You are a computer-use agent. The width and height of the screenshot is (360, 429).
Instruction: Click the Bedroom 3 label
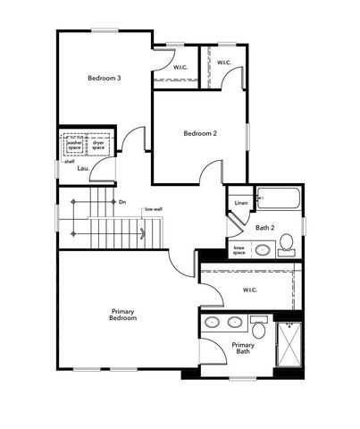(104, 79)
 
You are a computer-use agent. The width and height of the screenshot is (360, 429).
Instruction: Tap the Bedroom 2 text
(200, 134)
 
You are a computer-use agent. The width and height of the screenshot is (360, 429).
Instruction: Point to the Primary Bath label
(243, 348)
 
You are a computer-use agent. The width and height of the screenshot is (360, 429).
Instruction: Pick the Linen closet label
(240, 203)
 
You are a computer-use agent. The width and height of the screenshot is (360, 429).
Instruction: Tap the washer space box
(74, 144)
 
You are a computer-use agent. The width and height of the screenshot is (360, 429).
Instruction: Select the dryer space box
(98, 144)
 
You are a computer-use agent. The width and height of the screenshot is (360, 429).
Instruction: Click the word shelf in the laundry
(69, 162)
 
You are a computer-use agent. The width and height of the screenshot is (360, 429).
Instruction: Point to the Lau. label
(82, 168)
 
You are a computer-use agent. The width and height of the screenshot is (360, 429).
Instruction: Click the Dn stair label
(122, 202)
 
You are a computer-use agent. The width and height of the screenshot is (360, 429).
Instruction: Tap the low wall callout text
(153, 209)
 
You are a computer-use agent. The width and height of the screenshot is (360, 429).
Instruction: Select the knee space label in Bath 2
(239, 249)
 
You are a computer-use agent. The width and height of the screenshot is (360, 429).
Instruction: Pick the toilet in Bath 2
(287, 242)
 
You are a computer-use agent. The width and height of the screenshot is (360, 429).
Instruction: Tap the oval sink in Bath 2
(263, 249)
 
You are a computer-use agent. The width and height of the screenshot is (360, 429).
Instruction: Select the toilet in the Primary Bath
(259, 322)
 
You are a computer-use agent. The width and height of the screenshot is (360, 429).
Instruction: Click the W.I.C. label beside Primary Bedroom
(250, 290)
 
